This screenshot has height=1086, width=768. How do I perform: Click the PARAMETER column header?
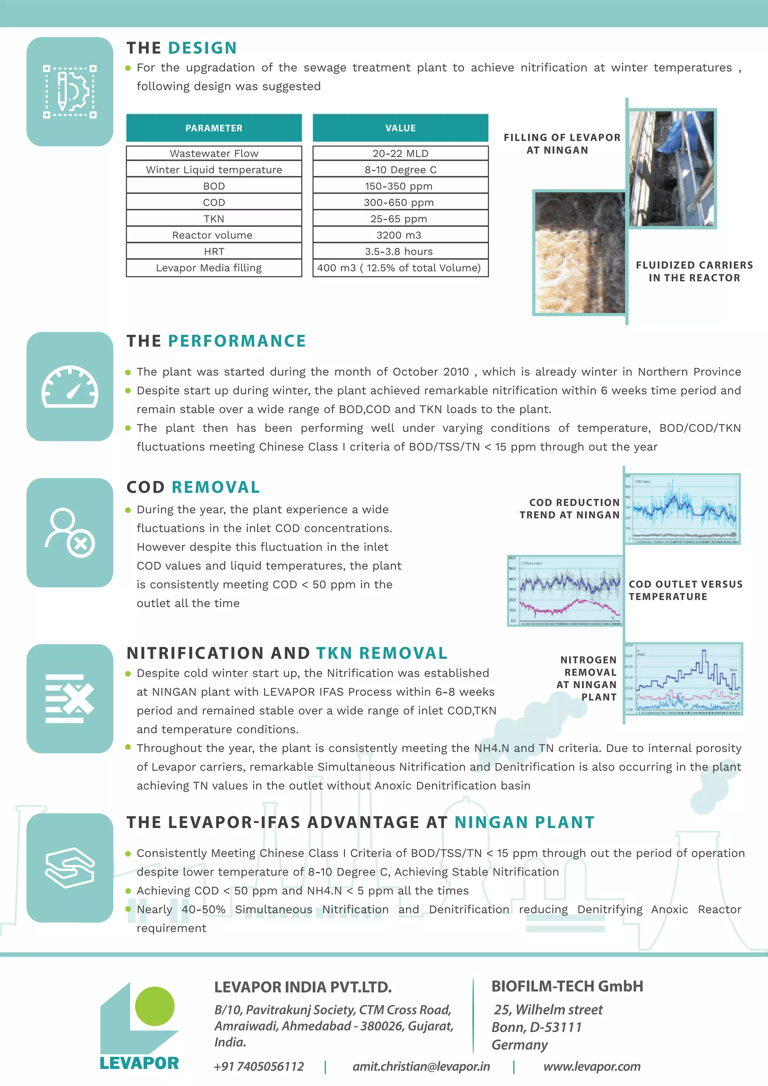[x=214, y=128]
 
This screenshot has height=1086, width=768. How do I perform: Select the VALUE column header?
[x=400, y=128]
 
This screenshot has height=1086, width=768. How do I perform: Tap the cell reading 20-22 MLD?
[x=400, y=153]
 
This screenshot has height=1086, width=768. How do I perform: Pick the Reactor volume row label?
[x=214, y=235]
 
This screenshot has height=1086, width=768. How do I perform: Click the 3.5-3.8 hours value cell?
[x=400, y=251]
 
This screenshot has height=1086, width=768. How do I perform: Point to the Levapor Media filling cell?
[x=214, y=268]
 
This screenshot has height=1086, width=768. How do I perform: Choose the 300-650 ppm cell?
[x=400, y=202]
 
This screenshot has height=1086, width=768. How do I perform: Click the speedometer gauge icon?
[x=70, y=387]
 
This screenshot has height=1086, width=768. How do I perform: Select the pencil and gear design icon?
[x=70, y=92]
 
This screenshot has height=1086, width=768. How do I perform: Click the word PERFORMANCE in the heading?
[x=237, y=341]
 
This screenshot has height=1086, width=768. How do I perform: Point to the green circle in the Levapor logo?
[x=154, y=1006]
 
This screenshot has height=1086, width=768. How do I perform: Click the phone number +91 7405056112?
[x=259, y=1066]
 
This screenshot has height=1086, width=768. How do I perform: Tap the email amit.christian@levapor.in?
[x=421, y=1066]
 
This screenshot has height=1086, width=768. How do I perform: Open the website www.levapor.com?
[x=592, y=1066]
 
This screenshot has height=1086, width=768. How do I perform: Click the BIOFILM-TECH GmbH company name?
[x=567, y=986]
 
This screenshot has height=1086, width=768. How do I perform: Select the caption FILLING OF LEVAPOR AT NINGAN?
[x=561, y=144]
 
